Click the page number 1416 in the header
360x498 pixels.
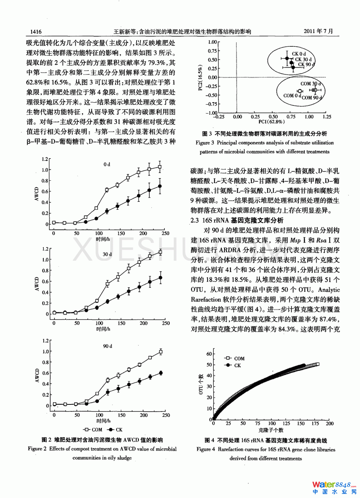coord(36,32)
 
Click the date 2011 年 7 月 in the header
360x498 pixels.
coord(318,31)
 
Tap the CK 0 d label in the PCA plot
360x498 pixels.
coord(299,54)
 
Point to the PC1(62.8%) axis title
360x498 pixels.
coord(271,122)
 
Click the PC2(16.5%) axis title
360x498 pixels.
coord(200,78)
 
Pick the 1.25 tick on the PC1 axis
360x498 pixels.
coord(327,117)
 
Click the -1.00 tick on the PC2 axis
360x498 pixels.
coord(212,113)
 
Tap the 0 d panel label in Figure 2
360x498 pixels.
coord(107,164)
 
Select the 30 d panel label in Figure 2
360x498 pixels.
coord(107,254)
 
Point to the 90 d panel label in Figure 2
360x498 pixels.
coord(108,346)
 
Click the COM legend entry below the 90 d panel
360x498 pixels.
coord(93,430)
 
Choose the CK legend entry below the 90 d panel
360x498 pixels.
coord(115,430)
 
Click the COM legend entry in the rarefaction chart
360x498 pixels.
coord(235,358)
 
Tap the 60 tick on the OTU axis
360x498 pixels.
coord(209,354)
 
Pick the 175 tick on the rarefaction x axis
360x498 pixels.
coord(315,423)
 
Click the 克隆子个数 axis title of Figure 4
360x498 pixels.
coord(271,430)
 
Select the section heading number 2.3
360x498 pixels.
coord(195,220)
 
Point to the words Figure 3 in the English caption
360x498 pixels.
coord(205,143)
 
